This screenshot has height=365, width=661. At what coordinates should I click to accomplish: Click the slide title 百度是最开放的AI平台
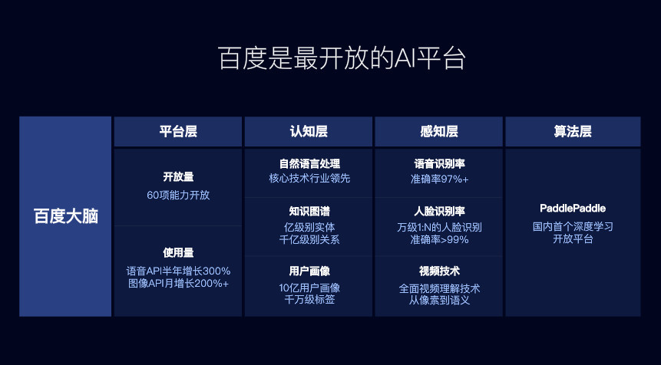tap(342, 58)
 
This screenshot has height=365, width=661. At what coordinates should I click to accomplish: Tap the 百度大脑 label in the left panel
tap(66, 216)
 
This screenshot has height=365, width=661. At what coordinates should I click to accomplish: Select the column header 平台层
tap(178, 131)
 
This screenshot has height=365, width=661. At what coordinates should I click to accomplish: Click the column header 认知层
tap(309, 131)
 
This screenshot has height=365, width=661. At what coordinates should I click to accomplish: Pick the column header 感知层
tap(439, 131)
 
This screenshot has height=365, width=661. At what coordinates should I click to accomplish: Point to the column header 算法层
tap(573, 131)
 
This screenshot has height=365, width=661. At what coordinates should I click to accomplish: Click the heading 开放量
tap(178, 177)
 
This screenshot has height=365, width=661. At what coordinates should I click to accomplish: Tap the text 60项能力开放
tap(178, 196)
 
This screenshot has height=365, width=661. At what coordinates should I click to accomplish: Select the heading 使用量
tap(178, 252)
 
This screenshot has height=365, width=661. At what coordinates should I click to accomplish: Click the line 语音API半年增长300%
tap(178, 271)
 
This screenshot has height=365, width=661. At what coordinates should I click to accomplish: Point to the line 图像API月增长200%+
tap(178, 283)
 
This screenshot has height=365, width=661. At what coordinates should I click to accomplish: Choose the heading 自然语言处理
tap(309, 164)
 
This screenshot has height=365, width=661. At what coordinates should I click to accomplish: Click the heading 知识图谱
tap(309, 211)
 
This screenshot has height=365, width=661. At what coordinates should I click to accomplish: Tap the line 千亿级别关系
tap(309, 239)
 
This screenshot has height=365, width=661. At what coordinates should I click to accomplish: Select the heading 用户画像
tap(309, 271)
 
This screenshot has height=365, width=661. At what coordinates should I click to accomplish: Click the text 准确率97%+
tap(439, 179)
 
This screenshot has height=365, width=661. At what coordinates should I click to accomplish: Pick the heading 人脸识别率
tap(439, 211)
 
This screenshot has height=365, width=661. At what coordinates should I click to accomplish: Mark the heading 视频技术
tap(439, 271)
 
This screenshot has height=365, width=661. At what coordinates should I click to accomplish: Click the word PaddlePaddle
tap(573, 209)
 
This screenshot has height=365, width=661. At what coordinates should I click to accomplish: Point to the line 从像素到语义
tap(439, 300)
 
